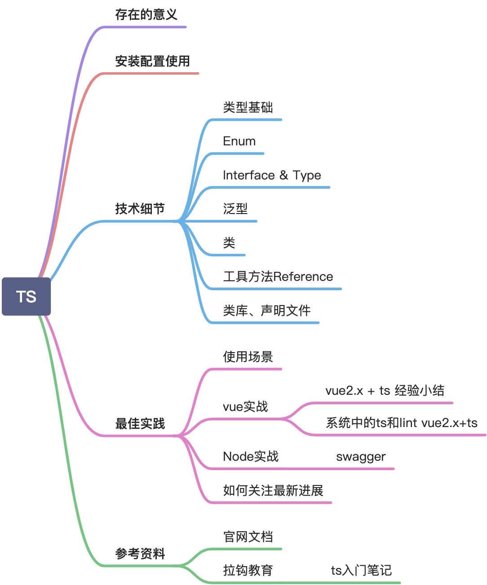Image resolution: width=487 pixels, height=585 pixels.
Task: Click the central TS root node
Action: [26, 297]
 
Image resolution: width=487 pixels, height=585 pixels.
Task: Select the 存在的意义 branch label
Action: [146, 15]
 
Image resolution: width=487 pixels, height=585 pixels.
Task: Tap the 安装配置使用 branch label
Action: [152, 61]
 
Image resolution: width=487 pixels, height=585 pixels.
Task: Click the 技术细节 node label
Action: [140, 209]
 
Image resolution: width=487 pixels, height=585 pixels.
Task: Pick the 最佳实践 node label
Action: [140, 423]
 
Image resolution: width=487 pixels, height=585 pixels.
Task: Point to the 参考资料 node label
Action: [140, 554]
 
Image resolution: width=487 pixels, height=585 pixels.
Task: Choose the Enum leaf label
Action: [239, 141]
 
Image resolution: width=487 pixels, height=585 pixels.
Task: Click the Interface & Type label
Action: [272, 175]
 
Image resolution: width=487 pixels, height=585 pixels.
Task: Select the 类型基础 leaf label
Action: [248, 108]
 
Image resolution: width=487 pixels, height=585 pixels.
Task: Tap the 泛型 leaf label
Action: [235, 209]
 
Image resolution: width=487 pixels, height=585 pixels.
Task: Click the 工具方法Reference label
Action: [278, 277]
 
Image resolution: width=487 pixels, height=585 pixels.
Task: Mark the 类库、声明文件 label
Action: [266, 310]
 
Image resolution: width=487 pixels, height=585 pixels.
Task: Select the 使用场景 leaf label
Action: [248, 357]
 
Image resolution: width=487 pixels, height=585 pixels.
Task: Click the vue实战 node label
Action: [245, 407]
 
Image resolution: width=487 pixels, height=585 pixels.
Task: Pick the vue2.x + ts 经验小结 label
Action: [385, 391]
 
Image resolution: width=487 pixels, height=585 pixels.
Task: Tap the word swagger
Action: [361, 457]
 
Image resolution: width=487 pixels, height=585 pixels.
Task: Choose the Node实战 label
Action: [251, 457]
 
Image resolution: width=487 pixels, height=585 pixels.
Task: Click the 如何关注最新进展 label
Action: [273, 491]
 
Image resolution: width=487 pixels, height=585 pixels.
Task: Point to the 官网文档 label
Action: [248, 537]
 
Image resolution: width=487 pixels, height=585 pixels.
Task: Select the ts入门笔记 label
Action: [361, 571]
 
